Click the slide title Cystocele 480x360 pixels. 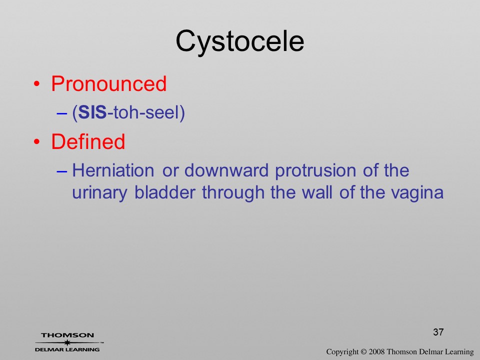(x=240, y=42)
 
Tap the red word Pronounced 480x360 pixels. (x=108, y=83)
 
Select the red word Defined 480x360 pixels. (x=88, y=141)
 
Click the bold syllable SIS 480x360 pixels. (x=92, y=112)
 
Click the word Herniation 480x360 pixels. (x=113, y=170)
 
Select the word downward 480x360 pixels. (x=226, y=170)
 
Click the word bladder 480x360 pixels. (x=165, y=192)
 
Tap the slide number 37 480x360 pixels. (x=438, y=332)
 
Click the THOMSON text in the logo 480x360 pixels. (x=67, y=335)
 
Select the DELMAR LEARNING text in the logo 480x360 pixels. (x=67, y=349)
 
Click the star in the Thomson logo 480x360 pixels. (x=67, y=342)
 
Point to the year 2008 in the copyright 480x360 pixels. (x=376, y=351)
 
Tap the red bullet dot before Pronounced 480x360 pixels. (x=36, y=83)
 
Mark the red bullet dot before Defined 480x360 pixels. (x=36, y=141)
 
